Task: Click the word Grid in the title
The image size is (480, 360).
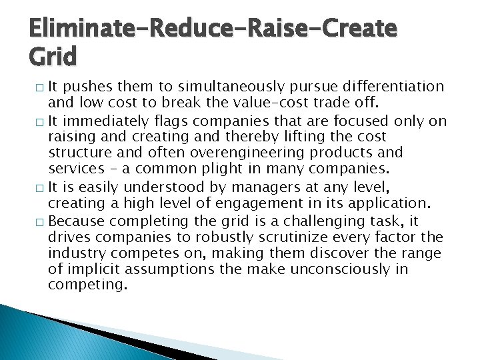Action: pyautogui.click(x=53, y=56)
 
